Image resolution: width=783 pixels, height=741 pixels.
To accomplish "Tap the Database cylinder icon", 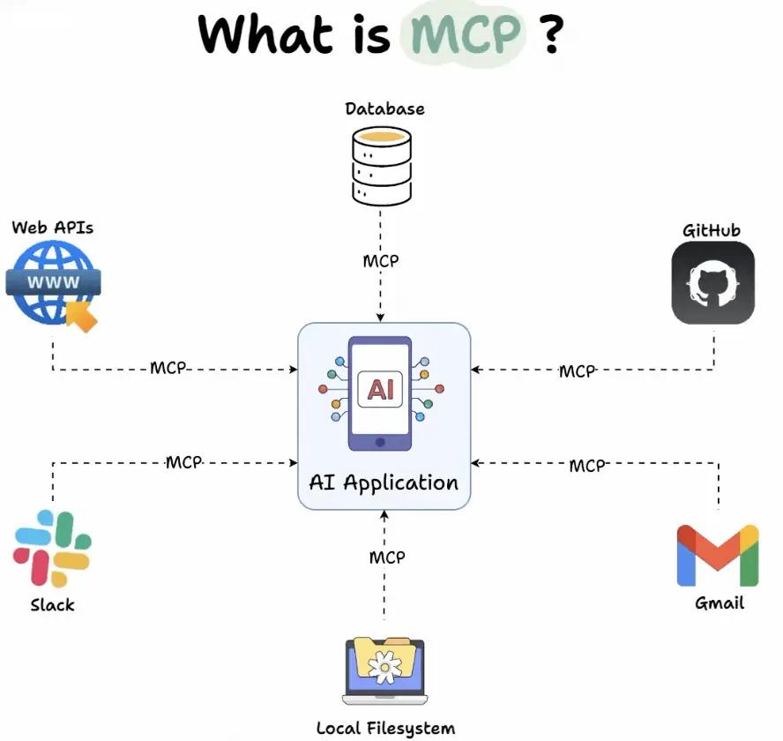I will pos(381,166).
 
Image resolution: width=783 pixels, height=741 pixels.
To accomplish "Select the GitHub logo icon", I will pos(712,283).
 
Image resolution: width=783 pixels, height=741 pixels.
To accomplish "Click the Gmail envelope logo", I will pos(717,556).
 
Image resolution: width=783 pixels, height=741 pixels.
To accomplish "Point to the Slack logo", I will pos(52,549).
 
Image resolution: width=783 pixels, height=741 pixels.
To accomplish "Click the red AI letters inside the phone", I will pos(381,389).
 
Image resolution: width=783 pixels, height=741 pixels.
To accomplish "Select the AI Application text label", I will pos(384,483).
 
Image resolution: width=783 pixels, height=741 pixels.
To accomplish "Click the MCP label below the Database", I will pos(381,261).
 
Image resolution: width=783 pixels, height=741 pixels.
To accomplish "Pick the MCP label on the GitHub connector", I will pos(578,371).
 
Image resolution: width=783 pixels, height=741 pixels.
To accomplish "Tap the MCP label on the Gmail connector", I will pos(587,465).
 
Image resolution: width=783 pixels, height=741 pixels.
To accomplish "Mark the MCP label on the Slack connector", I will pos(184,461).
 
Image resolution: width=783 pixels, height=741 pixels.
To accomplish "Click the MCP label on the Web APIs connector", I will pos(168,368).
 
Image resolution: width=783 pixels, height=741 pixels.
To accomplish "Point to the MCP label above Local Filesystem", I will pos(387,557).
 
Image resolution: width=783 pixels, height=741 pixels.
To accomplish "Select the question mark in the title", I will pos(551,35).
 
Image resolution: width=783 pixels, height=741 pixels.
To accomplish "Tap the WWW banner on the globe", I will pos(54,283).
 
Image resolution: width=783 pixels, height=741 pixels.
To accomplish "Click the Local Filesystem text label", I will pos(385,728).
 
